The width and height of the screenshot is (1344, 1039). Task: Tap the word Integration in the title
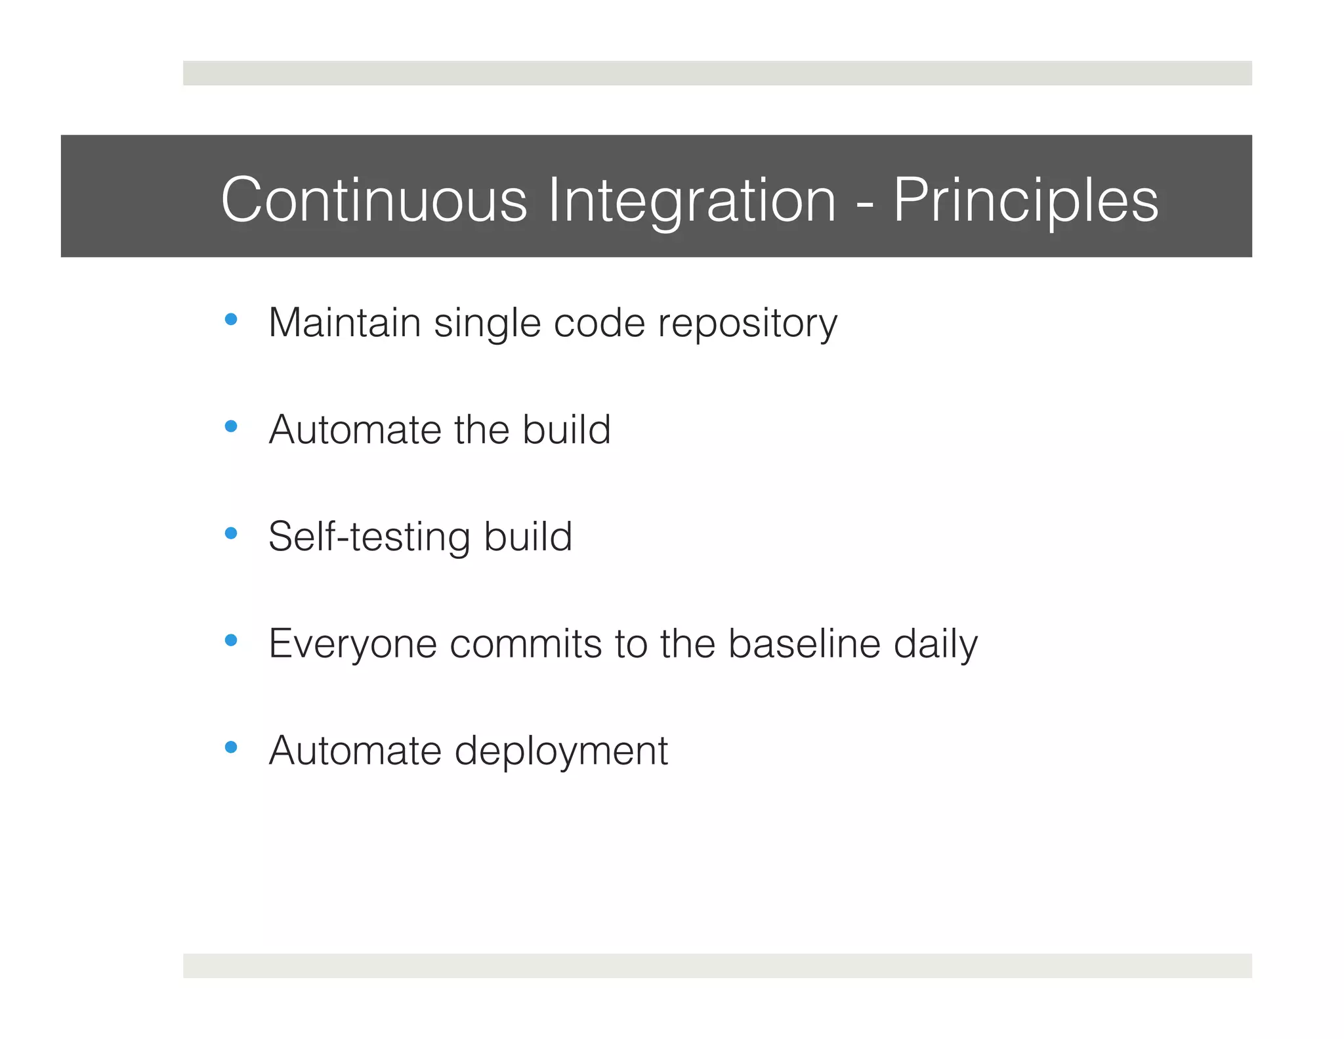(x=692, y=200)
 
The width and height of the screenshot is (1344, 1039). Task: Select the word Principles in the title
(x=1025, y=200)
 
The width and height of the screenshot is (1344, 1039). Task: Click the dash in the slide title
(x=864, y=204)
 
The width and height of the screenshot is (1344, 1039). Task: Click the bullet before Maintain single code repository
(x=230, y=320)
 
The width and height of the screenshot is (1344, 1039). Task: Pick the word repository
(x=747, y=324)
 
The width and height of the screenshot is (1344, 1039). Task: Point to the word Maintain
(x=345, y=322)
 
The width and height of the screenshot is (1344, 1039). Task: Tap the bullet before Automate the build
(x=230, y=427)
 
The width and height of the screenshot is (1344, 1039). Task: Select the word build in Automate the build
(x=566, y=430)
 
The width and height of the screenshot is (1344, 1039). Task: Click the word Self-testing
(x=369, y=537)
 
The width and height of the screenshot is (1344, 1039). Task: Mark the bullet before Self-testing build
(x=230, y=533)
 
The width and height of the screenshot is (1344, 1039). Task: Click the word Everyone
(x=352, y=644)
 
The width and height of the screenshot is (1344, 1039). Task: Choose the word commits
(x=526, y=643)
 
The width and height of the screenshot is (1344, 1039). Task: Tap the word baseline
(x=804, y=643)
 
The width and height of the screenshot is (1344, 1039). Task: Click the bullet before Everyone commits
(x=230, y=640)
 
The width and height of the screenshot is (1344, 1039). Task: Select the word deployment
(x=561, y=751)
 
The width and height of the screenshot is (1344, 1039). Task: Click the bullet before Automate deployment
(x=230, y=747)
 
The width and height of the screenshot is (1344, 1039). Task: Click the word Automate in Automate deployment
(x=355, y=750)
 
